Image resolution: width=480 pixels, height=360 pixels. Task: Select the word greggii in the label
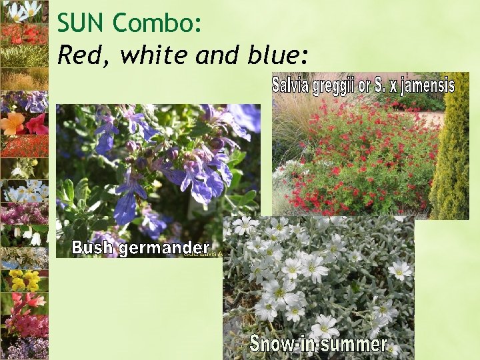340,86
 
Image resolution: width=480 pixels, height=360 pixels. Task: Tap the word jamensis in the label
426,86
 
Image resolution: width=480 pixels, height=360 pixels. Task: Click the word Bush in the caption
93,248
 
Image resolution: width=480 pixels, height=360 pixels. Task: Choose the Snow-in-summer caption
318,344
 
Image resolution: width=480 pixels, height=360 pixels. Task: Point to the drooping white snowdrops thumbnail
25,235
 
